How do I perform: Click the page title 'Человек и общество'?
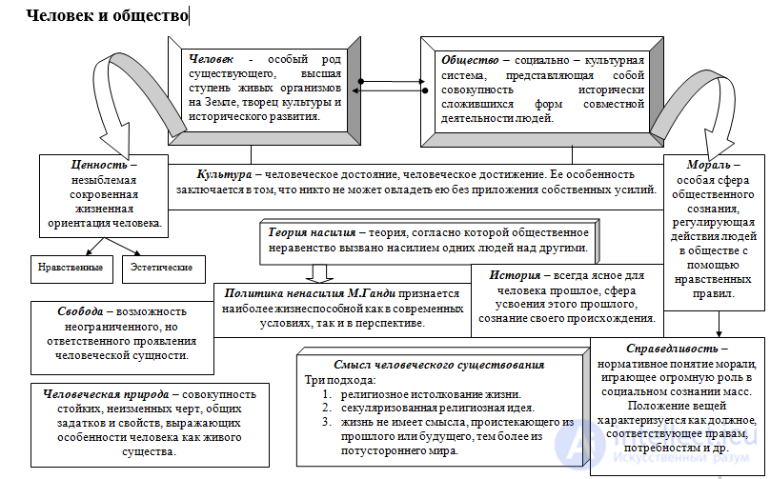[107, 15]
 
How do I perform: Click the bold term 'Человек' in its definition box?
[212, 59]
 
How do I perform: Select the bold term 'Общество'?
[470, 60]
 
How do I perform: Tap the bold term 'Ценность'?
[99, 165]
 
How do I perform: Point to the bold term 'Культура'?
[224, 174]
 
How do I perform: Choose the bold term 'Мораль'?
[708, 165]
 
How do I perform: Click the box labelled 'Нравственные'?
[71, 269]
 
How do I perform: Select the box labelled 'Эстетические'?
[164, 269]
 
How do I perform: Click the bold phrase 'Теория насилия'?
[312, 232]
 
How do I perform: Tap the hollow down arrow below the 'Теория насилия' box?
[319, 274]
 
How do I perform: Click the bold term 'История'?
[515, 275]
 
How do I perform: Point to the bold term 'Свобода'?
[81, 311]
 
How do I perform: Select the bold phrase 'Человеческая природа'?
[106, 394]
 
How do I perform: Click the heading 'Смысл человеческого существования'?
[439, 365]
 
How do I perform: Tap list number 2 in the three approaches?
[327, 408]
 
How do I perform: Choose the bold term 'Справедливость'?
[672, 349]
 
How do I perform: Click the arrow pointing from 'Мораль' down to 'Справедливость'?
[719, 324]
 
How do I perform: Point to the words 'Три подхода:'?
[340, 380]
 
